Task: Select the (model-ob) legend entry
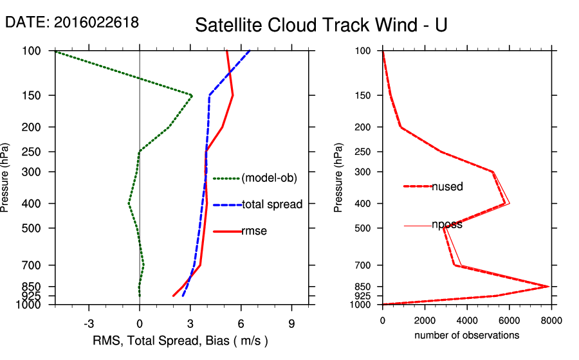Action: click(x=269, y=178)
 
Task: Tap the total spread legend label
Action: click(x=271, y=204)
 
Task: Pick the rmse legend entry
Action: click(x=253, y=231)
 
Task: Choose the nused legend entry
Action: click(x=447, y=186)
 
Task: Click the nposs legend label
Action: click(x=447, y=225)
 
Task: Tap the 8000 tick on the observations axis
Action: click(x=551, y=320)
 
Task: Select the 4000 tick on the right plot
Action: click(x=467, y=320)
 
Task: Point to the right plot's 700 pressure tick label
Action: click(x=364, y=265)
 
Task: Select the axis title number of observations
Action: click(x=466, y=335)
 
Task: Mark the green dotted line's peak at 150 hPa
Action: click(x=192, y=95)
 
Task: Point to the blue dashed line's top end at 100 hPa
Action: click(x=250, y=51)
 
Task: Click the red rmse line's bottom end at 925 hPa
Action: click(x=173, y=296)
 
